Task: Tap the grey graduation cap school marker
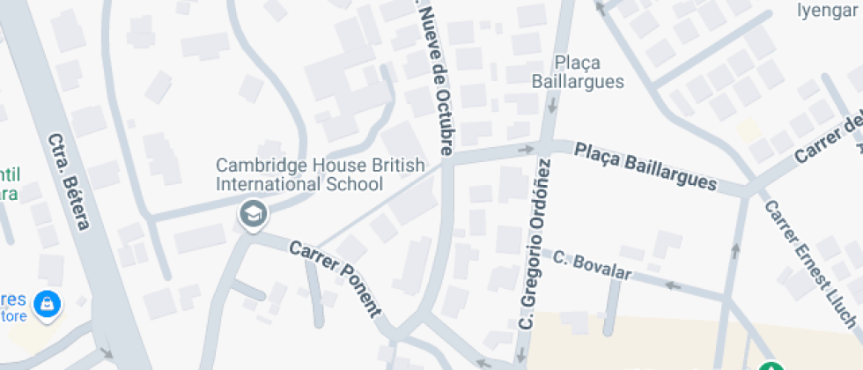tap(254, 212)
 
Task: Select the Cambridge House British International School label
tap(321, 174)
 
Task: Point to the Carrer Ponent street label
tap(336, 278)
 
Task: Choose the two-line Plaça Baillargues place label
tap(578, 72)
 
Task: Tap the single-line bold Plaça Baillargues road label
tap(645, 166)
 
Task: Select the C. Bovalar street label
tap(592, 265)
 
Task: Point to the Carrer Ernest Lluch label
tap(810, 260)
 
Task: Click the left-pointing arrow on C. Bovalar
tap(673, 285)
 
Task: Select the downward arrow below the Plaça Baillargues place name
tap(553, 106)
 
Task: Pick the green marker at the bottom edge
tap(772, 365)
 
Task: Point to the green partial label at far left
tap(10, 183)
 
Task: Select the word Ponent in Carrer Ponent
tap(359, 291)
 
